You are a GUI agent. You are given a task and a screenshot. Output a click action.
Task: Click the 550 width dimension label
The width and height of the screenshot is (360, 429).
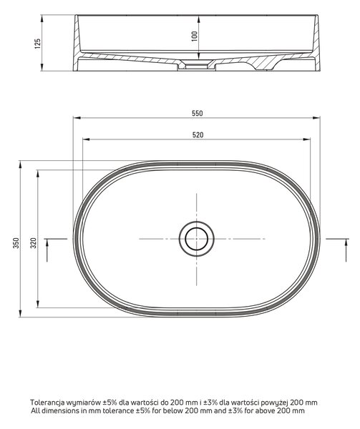197,113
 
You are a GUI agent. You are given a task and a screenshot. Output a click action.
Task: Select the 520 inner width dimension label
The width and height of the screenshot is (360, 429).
198,135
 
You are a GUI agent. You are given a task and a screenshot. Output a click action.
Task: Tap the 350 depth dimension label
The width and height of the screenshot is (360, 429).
16,243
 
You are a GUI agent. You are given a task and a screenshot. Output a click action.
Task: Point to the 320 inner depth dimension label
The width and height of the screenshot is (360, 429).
33,243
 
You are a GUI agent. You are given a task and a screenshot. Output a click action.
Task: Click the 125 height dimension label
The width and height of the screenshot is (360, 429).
37,44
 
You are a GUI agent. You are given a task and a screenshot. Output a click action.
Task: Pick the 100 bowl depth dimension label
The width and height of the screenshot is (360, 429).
194,36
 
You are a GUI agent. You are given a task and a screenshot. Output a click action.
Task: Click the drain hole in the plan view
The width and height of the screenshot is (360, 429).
197,239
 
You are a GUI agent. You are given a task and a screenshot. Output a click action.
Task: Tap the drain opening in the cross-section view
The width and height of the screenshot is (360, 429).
197,66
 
